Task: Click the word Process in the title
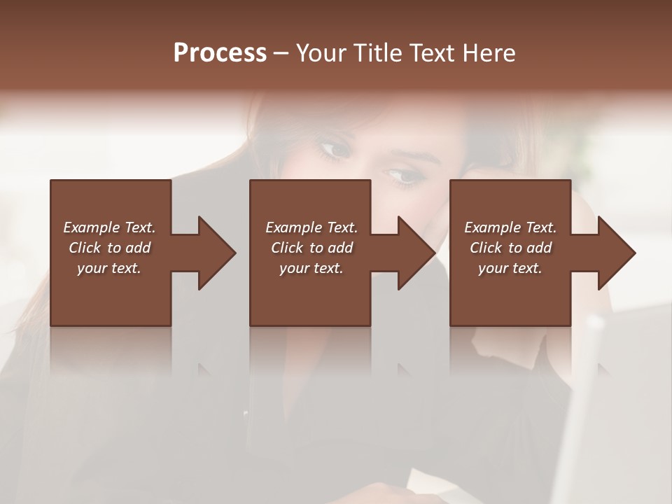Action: [220, 53]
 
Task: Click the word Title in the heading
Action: [379, 53]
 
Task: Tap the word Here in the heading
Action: [489, 53]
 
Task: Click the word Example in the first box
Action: [92, 227]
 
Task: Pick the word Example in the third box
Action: [493, 227]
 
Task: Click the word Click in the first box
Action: [84, 248]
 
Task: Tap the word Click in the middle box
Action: [286, 248]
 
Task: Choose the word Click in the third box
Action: [485, 248]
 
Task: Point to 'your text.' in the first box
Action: [109, 268]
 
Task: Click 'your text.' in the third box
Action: [510, 268]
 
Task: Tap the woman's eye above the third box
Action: [404, 175]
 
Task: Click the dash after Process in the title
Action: [281, 54]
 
